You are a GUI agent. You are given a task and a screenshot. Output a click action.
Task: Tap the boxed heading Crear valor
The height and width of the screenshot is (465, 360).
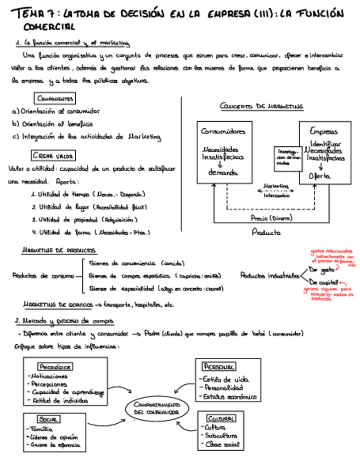pyautogui.click(x=54, y=155)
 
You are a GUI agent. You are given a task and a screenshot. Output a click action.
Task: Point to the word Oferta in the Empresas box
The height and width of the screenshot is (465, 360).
pyautogui.click(x=319, y=176)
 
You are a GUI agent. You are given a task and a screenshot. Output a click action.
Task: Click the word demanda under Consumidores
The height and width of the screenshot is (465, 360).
pyautogui.click(x=223, y=173)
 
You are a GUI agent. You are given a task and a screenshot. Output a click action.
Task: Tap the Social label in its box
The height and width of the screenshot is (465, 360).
pyautogui.click(x=49, y=418)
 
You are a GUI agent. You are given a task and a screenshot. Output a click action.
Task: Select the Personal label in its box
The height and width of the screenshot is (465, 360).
pyautogui.click(x=220, y=366)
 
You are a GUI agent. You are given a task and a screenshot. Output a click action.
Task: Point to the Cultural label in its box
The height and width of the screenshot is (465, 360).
pyautogui.click(x=222, y=418)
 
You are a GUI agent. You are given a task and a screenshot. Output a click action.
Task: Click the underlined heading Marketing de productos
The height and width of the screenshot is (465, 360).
pyautogui.click(x=59, y=250)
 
